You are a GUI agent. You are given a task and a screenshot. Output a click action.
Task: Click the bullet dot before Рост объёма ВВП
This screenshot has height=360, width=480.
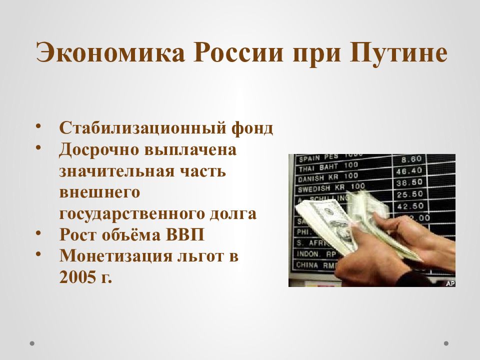coord(38,233)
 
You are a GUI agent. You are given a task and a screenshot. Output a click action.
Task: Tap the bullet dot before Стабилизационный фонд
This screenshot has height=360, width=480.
coord(38,126)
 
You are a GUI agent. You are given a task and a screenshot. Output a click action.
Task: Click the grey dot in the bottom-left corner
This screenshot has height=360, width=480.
coord(32,343)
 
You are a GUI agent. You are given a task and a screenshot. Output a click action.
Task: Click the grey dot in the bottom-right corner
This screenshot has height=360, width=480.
coord(446,343)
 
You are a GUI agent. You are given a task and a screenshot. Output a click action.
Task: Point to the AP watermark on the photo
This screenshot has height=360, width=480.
coord(449,283)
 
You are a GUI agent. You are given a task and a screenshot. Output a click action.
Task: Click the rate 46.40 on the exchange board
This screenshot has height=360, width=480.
coord(408,171)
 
